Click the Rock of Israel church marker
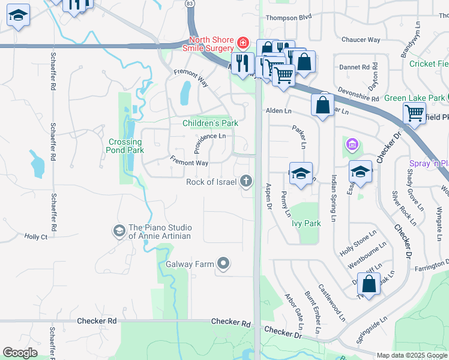point(246,181)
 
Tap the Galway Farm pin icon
point(223,263)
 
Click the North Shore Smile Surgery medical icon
point(242,43)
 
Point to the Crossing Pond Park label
point(125,146)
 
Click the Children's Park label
point(210,123)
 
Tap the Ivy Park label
point(306,223)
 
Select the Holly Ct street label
point(35,237)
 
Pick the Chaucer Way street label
point(361,40)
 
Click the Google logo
point(20,353)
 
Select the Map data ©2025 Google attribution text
point(411,355)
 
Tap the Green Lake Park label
point(414,98)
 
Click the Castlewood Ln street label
point(331,302)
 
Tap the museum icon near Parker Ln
point(351,145)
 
